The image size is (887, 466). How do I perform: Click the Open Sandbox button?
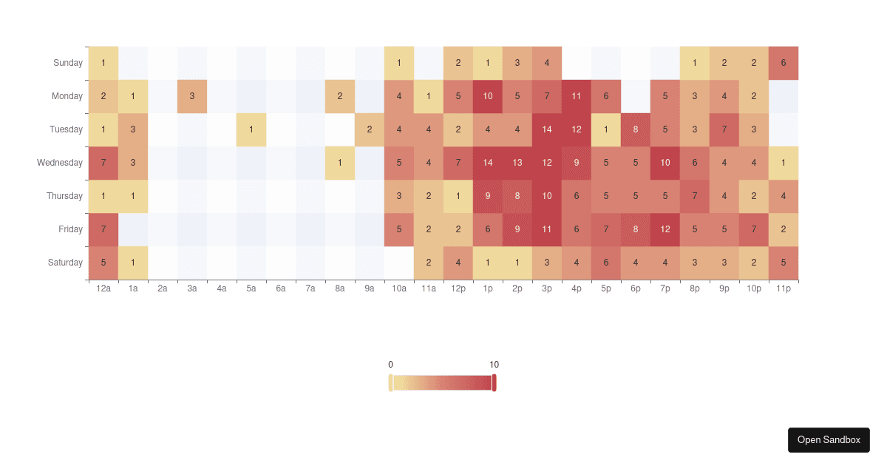tap(829, 439)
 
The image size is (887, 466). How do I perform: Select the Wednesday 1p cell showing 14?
tap(488, 163)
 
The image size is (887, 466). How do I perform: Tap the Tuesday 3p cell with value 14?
tap(547, 129)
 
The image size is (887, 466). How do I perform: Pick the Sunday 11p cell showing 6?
tap(784, 63)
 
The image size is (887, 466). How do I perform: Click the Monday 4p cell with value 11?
tap(577, 96)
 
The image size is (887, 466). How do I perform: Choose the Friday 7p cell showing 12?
tap(665, 229)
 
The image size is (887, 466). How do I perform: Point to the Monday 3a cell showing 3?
tap(192, 96)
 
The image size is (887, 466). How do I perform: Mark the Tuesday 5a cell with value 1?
tap(251, 129)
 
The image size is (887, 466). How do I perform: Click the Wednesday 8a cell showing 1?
tap(340, 163)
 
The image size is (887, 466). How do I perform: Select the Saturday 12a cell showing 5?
tap(103, 263)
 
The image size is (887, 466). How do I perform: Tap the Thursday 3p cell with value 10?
tap(547, 196)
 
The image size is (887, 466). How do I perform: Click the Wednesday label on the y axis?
tap(60, 163)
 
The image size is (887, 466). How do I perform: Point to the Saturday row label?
tap(66, 263)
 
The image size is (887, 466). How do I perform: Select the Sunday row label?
tap(68, 63)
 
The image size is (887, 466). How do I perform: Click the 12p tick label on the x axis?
tap(458, 289)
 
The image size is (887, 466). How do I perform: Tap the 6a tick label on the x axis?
tap(281, 289)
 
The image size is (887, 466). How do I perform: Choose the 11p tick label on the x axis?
tap(784, 289)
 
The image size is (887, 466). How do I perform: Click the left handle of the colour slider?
tap(391, 382)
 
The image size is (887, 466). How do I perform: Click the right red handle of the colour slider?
tap(494, 382)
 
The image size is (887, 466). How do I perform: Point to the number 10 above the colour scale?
tap(494, 365)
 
